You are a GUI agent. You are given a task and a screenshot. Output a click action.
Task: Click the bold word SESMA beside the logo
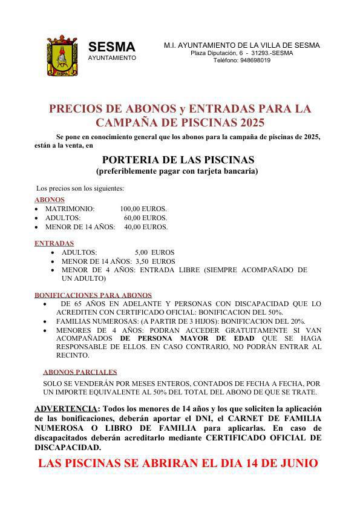(x=112, y=47)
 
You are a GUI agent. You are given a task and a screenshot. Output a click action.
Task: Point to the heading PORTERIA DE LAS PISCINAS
(x=178, y=160)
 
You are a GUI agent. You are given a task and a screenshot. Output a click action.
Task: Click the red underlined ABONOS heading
(x=50, y=200)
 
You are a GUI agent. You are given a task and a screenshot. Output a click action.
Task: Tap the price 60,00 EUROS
(x=146, y=218)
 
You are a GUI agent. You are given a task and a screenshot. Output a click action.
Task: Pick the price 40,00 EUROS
(x=146, y=227)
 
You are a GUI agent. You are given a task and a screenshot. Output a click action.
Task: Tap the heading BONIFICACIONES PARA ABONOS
(x=93, y=295)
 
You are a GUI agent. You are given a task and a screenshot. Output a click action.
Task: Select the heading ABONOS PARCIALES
(x=80, y=373)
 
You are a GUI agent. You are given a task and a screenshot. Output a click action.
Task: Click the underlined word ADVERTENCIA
(x=66, y=408)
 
